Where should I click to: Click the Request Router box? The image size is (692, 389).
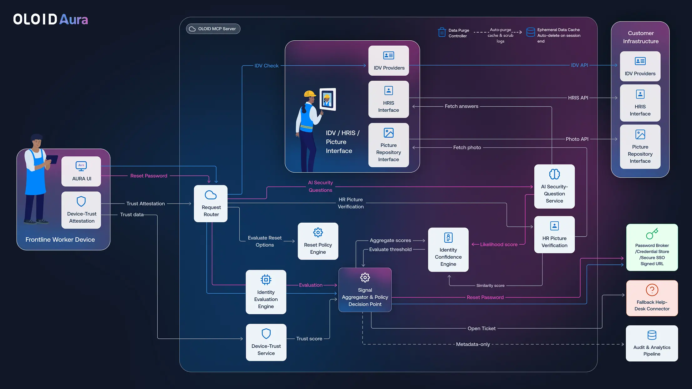point(211,204)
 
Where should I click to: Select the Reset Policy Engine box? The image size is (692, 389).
point(318,241)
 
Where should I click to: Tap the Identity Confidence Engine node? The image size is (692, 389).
point(448,250)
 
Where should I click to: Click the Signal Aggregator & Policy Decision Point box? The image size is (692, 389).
point(365,290)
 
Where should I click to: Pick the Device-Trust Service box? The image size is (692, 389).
point(266,342)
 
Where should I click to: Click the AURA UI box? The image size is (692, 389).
point(81,171)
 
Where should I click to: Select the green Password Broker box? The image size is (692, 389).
point(652,247)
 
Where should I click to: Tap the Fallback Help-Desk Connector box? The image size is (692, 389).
point(652,298)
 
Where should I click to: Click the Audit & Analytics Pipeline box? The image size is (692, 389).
point(652,343)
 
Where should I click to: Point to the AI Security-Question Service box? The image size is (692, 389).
point(554,187)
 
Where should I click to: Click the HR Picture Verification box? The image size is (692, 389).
point(554,235)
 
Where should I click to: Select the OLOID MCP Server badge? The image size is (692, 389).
point(213,29)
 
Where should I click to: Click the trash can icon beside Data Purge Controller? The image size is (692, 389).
point(442,32)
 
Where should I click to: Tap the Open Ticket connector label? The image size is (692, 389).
point(481,328)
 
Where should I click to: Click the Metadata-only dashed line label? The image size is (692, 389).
point(473,344)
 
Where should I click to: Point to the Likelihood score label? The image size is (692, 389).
point(498,245)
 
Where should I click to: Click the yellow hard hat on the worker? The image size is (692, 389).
point(309,93)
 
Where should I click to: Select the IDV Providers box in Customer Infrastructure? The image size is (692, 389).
point(640,66)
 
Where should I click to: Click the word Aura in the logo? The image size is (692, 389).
point(74,19)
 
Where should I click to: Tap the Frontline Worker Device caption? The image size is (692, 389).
point(60,240)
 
